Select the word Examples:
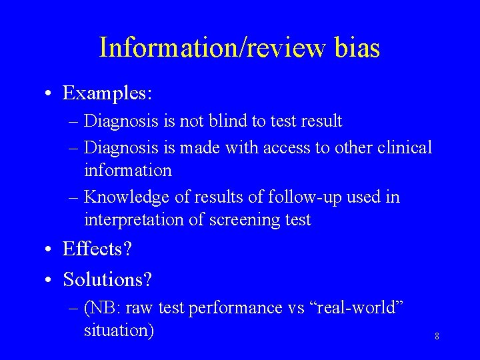(107, 93)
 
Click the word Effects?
(97, 250)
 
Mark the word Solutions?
(107, 279)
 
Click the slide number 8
(437, 337)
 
